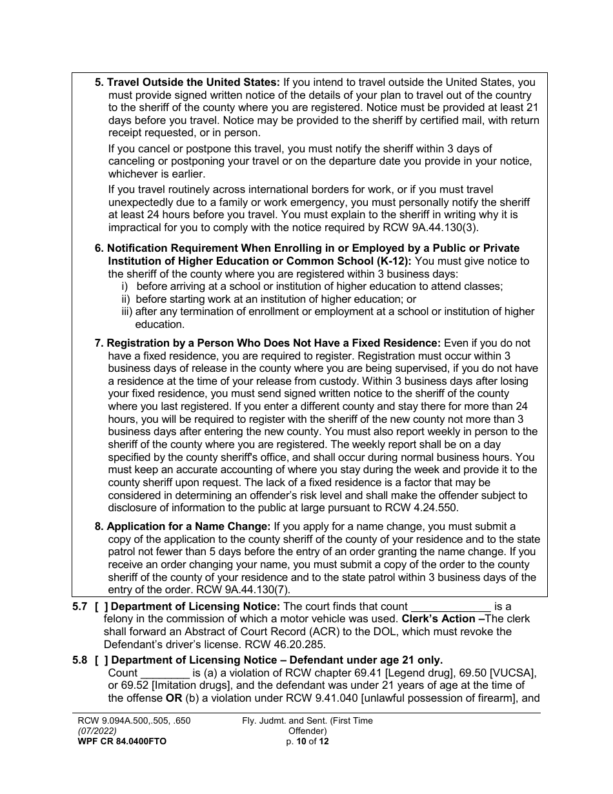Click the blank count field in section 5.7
[451, 606]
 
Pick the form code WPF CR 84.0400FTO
[121, 742]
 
